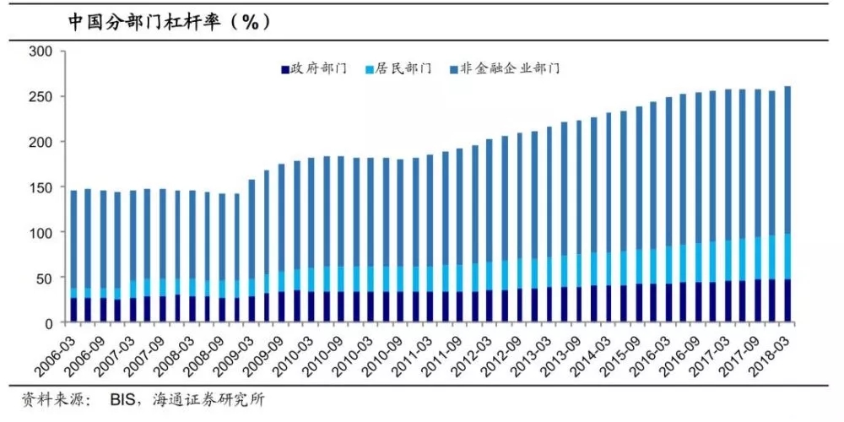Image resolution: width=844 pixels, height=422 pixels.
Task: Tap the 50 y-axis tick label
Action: click(x=46, y=278)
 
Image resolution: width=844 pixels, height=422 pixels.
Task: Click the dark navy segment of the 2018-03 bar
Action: click(x=787, y=300)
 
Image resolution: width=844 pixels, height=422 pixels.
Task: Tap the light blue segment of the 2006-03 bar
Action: click(x=73, y=293)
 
